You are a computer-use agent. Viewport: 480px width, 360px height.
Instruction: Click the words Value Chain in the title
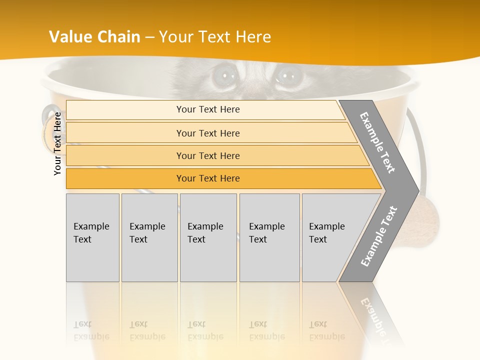[x=94, y=37]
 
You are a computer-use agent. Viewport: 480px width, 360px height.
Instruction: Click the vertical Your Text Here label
[x=57, y=144]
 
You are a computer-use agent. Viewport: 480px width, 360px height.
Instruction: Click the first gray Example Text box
[x=92, y=237]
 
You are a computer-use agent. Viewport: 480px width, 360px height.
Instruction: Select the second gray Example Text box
[x=149, y=237]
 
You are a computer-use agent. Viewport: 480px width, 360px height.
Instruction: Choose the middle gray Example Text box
[x=208, y=237]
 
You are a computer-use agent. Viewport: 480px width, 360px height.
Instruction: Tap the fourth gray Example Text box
[x=269, y=237]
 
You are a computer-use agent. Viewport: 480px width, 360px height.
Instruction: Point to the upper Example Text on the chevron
[x=377, y=142]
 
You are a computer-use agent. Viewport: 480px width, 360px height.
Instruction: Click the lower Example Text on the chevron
[x=379, y=236]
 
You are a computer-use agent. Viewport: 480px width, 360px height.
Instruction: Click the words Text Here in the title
[x=235, y=37]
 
